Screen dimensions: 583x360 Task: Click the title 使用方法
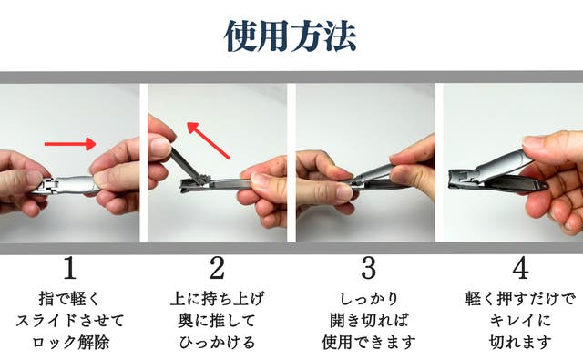pos(291,36)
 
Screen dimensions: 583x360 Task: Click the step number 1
pos(70,268)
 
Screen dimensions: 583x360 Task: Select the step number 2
pos(218,268)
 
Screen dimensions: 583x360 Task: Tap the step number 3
pos(368,268)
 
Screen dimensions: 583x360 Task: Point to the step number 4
pos(520,268)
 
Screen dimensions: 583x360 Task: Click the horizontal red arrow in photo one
pos(70,144)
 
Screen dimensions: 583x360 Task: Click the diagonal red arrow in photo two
pos(209,140)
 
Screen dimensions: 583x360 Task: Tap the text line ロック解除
pos(71,342)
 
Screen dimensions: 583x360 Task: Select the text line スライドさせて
pos(70,321)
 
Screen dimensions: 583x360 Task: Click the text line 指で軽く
pos(69,299)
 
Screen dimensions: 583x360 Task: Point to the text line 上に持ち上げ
pos(218,299)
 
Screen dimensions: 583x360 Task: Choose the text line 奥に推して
pos(217,321)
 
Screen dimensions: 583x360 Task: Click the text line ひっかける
pos(218,342)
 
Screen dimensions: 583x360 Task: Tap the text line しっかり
pos(369,299)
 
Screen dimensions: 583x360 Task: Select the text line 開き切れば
pos(369,321)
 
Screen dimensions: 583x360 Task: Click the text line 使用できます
pos(369,342)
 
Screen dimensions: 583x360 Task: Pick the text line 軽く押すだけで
pos(520,299)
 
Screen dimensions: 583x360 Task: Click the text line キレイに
pos(520,321)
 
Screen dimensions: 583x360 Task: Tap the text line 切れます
pos(520,342)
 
